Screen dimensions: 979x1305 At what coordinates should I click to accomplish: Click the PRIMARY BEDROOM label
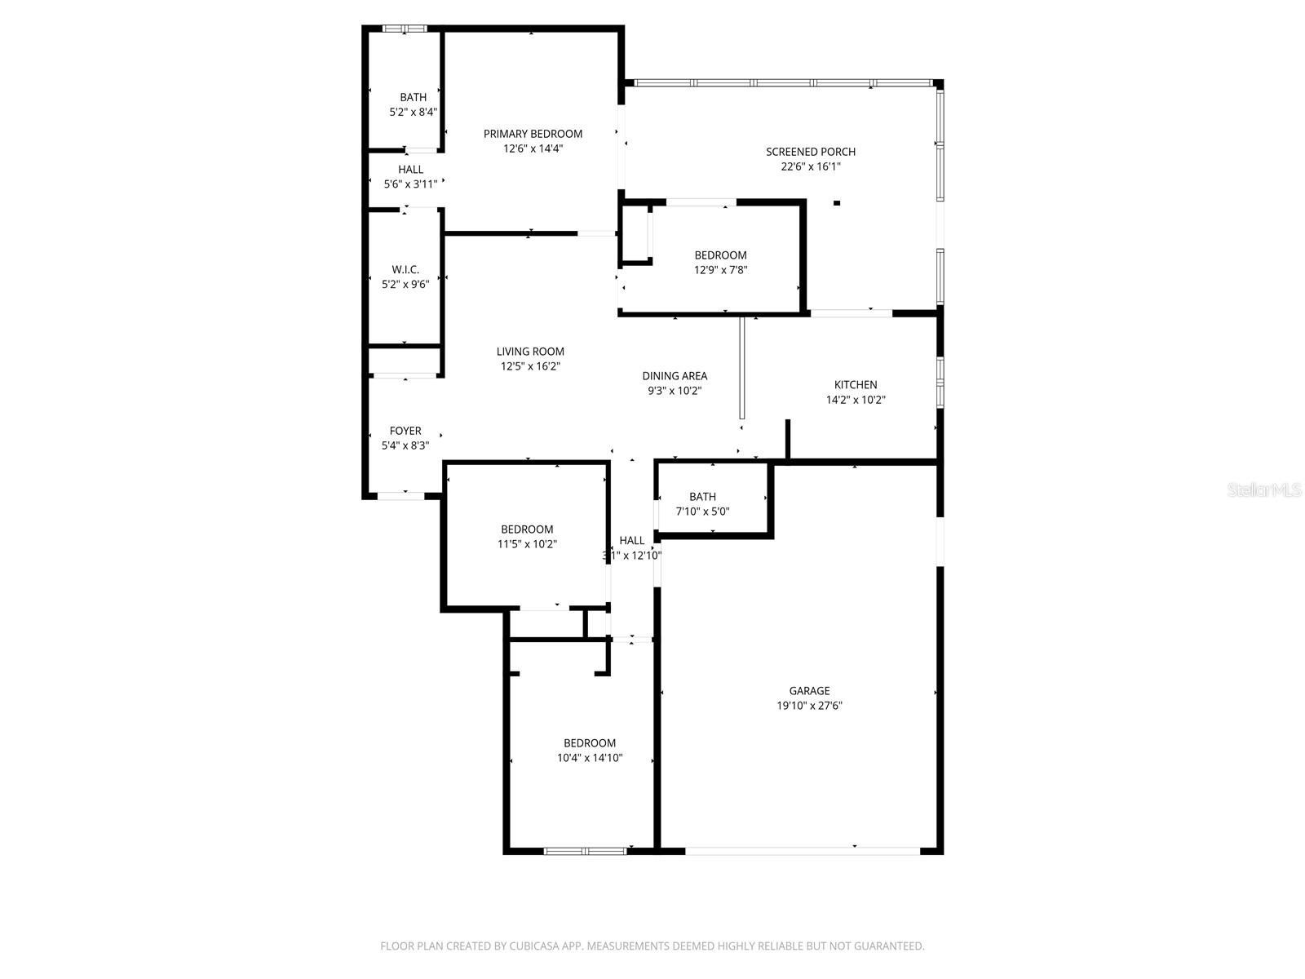(x=533, y=134)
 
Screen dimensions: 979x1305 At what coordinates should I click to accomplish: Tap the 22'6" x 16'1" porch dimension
(x=810, y=166)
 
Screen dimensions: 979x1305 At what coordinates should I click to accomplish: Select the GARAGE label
(x=809, y=691)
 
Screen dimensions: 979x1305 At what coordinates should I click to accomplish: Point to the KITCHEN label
(x=856, y=385)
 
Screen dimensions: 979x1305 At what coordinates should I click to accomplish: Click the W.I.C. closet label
(x=405, y=269)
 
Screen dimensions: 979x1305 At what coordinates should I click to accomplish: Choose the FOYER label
(x=405, y=431)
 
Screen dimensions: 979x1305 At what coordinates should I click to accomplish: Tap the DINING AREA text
(x=675, y=376)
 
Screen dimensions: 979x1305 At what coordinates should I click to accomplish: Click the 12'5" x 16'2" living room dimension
(x=530, y=366)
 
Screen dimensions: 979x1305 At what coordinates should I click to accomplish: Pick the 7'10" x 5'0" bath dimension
(x=702, y=512)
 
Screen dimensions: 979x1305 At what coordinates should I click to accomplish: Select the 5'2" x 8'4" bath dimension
(x=413, y=112)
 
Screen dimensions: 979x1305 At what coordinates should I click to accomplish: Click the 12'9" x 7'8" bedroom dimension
(x=720, y=270)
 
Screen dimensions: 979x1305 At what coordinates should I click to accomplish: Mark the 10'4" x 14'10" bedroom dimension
(x=590, y=758)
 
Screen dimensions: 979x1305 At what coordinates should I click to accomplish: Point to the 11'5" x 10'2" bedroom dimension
(x=527, y=544)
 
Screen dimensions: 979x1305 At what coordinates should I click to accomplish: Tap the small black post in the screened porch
(x=836, y=203)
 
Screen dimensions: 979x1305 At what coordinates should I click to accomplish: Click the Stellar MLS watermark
(x=1264, y=490)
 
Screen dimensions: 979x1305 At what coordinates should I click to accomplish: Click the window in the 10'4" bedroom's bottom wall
(x=584, y=851)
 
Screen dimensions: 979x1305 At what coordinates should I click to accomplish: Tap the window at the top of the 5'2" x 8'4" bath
(x=405, y=29)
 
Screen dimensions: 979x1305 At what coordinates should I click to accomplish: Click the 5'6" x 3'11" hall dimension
(x=410, y=184)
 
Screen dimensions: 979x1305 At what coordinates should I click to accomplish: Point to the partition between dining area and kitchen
(x=741, y=367)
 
